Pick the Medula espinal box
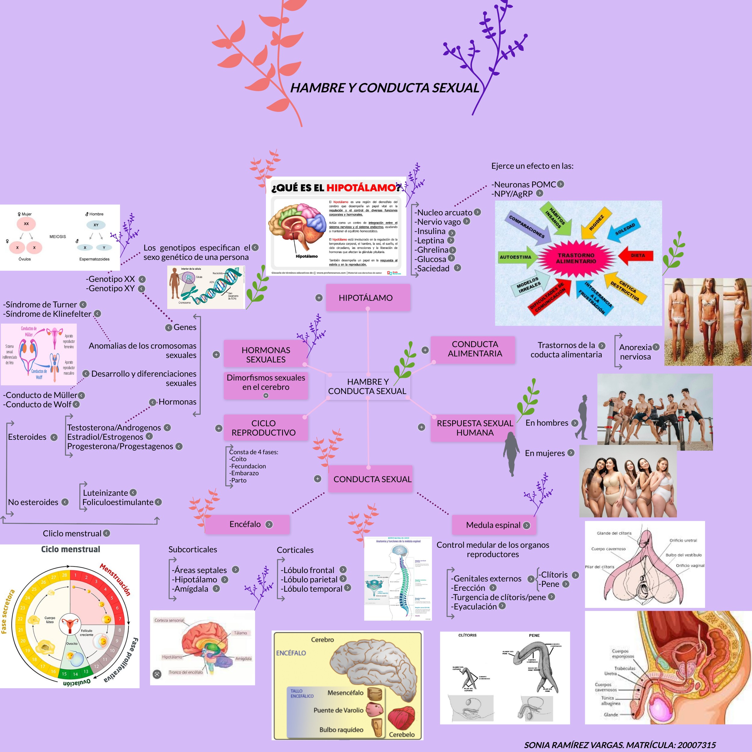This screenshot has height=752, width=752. click(493, 525)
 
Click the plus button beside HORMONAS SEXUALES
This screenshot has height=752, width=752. click(216, 355)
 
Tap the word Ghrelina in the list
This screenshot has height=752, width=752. click(433, 250)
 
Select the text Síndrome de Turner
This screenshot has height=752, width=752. click(41, 304)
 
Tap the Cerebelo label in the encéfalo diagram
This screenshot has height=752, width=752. click(402, 735)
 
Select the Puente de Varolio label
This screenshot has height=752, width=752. click(338, 710)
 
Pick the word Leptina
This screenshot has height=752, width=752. click(430, 241)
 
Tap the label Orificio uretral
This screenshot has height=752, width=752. click(683, 540)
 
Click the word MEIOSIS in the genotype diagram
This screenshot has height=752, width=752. click(58, 237)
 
